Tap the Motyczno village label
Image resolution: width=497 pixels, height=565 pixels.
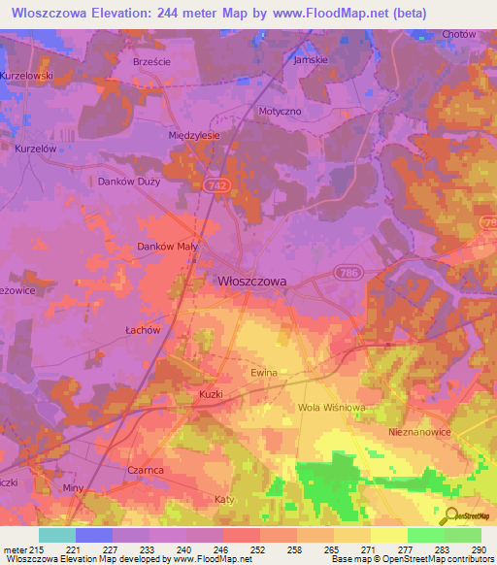click(282, 112)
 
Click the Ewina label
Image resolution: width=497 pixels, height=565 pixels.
click(264, 373)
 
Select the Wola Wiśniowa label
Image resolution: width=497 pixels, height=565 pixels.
click(331, 407)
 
